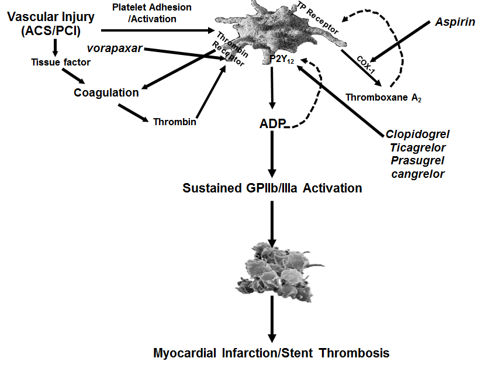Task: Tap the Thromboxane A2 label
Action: (383, 97)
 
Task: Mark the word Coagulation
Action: (106, 92)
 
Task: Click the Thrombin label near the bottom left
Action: (175, 122)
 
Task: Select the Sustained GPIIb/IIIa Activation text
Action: (272, 188)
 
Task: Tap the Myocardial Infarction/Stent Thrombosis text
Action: (271, 353)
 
